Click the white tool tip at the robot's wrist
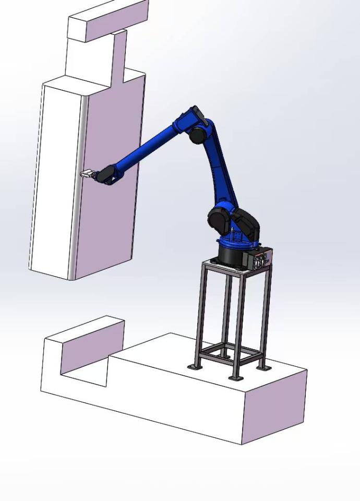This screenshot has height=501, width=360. coord(86,173)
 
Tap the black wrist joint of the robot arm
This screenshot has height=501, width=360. coord(108,174)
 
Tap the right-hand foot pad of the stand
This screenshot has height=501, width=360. coord(264,367)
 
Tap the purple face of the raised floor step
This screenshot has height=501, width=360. coord(92,348)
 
